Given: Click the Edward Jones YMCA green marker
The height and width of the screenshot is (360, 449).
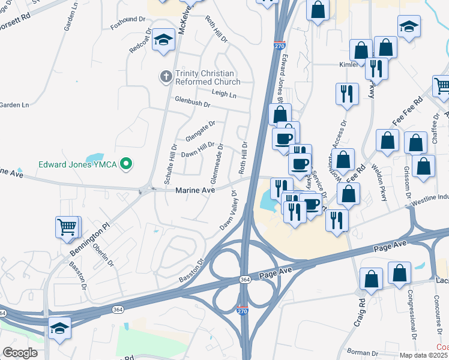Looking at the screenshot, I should (x=125, y=163).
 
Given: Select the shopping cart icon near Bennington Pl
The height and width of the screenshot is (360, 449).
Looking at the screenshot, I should (x=67, y=227).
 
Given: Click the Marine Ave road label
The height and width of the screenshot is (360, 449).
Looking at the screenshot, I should (x=194, y=190).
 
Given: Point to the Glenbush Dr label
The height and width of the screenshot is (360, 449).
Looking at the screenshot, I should (x=192, y=102).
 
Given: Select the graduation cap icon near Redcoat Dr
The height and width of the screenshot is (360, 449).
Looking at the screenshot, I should (x=162, y=40).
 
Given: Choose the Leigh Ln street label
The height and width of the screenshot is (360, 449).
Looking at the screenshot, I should (x=224, y=93).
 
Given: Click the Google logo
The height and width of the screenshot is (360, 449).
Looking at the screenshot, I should (x=20, y=353).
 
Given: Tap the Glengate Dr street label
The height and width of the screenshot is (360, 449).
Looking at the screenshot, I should (x=200, y=131).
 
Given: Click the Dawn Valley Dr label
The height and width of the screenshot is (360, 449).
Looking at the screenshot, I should (x=228, y=211).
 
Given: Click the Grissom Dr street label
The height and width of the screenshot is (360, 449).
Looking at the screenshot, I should (x=407, y=185).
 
